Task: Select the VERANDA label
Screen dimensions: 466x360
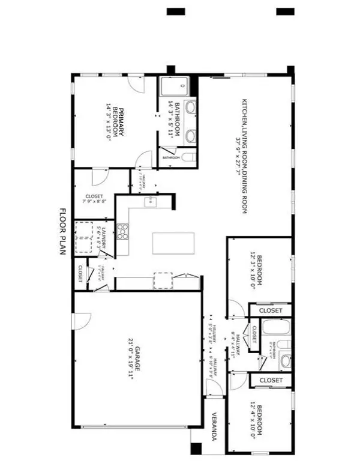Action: [x=212, y=427]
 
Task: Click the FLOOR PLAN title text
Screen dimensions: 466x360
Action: [x=62, y=232]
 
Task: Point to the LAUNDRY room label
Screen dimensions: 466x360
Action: [x=103, y=233]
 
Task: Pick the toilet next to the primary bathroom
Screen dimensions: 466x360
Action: [x=188, y=158]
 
